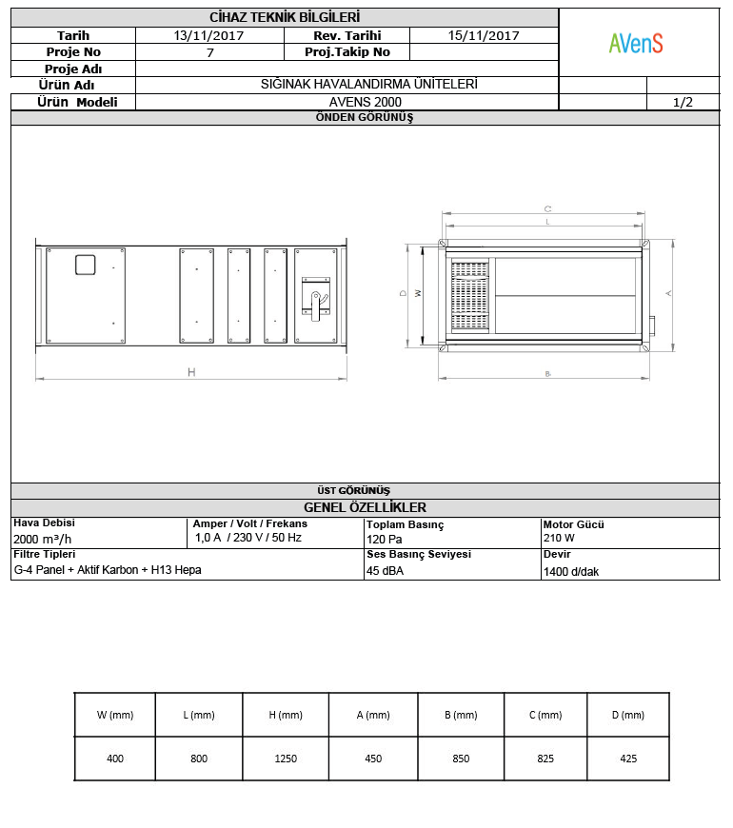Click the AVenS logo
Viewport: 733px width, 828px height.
tap(636, 43)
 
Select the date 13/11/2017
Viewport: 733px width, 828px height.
tap(210, 35)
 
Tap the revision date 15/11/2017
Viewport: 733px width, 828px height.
tap(484, 35)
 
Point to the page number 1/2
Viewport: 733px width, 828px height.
tap(683, 102)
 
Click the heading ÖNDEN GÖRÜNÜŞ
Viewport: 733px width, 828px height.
tap(365, 118)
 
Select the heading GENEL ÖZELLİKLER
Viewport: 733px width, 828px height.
tap(365, 507)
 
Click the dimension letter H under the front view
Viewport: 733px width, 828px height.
tap(191, 372)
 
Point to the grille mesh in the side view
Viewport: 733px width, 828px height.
tap(469, 297)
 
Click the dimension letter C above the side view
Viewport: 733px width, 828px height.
tap(547, 208)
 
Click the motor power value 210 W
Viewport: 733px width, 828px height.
tap(559, 538)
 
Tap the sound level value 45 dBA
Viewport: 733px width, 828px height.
tap(386, 571)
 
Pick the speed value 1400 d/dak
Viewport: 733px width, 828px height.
tap(571, 572)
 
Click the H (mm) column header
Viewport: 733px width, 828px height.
tap(286, 715)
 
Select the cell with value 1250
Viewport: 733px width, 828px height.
tap(286, 759)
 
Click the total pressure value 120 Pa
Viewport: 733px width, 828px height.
tap(384, 539)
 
